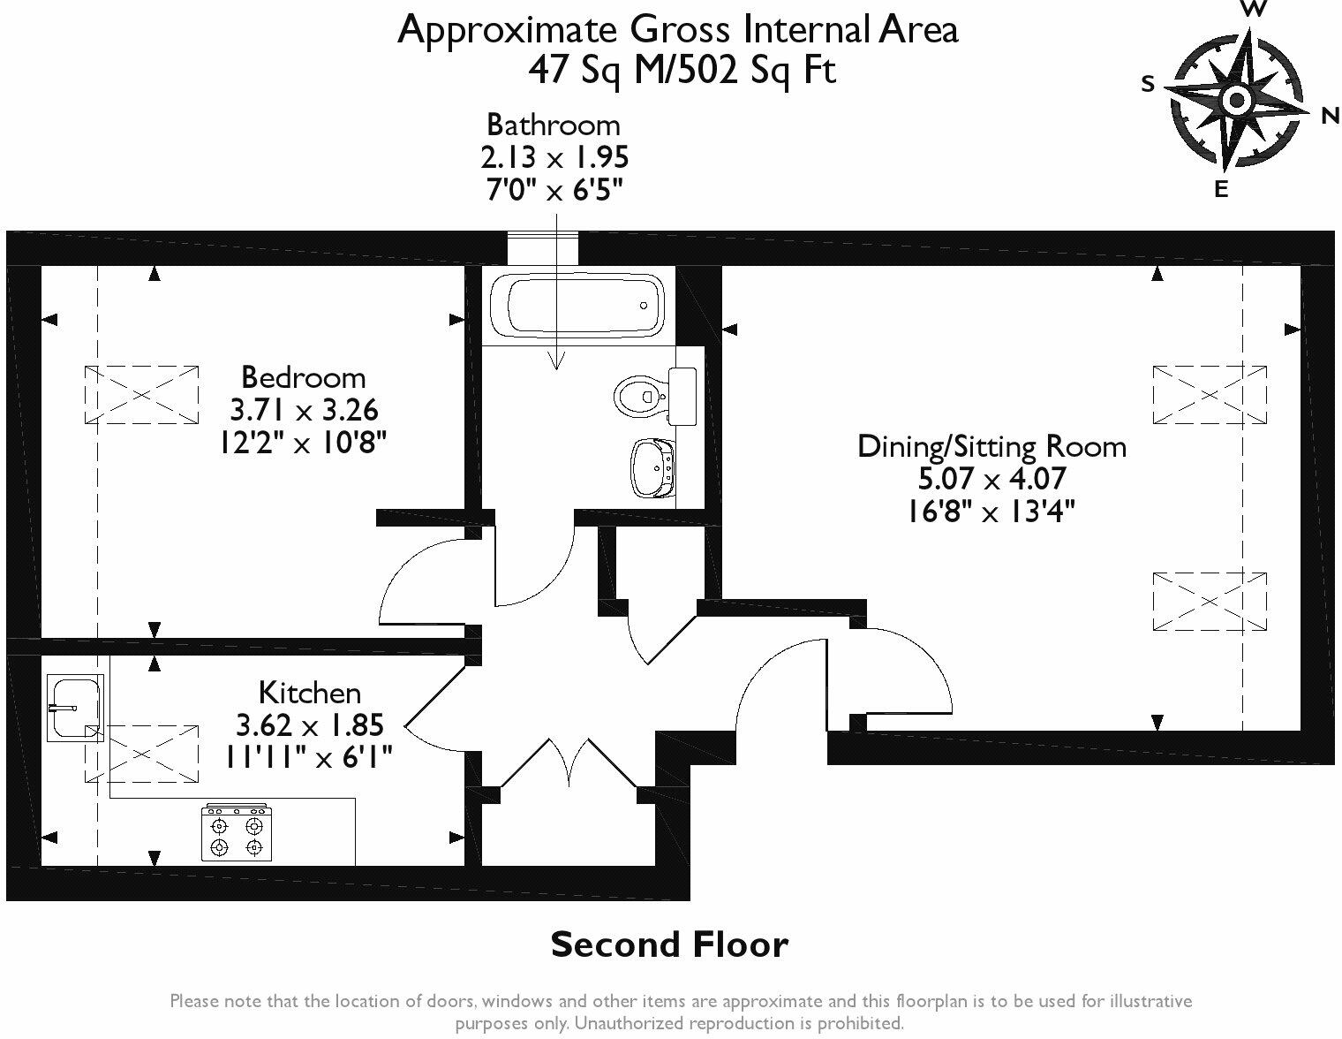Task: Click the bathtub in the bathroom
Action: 577,305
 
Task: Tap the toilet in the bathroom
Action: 654,396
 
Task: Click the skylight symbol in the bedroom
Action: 141,395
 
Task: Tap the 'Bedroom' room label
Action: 303,377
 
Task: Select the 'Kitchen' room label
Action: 309,693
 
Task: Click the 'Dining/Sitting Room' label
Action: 991,446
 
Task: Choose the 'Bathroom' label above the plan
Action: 554,125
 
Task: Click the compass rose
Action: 1237,100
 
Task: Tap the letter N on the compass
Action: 1330,116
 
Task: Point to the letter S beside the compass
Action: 1148,83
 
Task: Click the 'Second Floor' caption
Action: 669,944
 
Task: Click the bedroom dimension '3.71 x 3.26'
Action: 304,410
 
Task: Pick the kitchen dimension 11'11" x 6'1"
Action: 308,757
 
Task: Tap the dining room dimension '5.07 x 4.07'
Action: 991,479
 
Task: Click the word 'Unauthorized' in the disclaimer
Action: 630,1023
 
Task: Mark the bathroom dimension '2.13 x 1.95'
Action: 554,157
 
